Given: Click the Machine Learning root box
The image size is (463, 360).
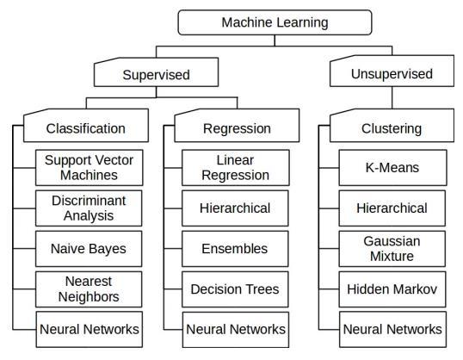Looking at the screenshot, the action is coord(275,22).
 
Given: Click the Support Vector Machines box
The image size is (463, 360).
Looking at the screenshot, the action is coord(90,168).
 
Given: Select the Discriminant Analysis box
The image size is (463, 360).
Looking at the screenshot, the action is coord(89,208).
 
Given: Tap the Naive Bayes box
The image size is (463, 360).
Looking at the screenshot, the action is coord(89,249).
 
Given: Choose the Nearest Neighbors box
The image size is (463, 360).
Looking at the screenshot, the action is coord(89,289).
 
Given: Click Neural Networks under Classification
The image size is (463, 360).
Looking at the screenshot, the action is coord(90,329).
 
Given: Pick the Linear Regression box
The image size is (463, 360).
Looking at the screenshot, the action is coord(236,168).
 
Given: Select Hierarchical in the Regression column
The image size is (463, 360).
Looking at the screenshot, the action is coord(235,208).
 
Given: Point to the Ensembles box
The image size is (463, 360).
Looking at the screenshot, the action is coord(235,249).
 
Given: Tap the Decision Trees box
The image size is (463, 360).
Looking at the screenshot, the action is coord(235,289).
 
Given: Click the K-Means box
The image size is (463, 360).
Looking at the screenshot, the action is coord(392,168).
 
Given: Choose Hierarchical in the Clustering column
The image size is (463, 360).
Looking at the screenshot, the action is coord(392,208).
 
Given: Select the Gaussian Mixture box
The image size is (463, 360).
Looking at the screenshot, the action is coord(392,249).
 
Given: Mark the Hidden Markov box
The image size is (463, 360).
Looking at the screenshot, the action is coord(392,289).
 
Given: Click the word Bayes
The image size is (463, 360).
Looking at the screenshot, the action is coord(108,249).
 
